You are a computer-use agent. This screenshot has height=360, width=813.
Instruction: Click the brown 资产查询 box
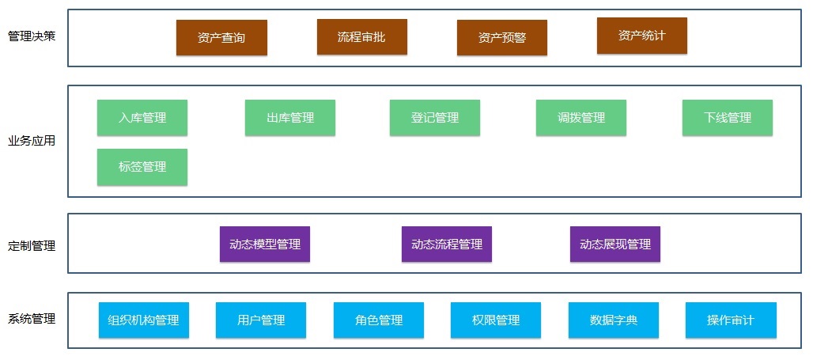[221, 37]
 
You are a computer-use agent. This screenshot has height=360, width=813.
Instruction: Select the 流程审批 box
[361, 36]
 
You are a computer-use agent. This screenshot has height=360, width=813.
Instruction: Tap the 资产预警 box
[502, 37]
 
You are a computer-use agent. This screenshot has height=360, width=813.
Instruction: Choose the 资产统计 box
[641, 36]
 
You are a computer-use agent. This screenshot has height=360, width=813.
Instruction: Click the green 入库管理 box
[142, 118]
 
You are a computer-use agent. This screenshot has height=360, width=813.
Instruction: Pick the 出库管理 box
[290, 118]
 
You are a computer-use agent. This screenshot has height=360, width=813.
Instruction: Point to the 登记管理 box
[435, 118]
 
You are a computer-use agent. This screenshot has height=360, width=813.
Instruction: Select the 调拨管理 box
[581, 118]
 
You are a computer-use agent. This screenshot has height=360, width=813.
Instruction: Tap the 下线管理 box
[728, 118]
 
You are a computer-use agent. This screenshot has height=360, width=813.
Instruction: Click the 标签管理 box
[142, 167]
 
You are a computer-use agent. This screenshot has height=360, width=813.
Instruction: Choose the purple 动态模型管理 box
[265, 244]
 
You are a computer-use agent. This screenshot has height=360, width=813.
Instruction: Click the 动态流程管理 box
[447, 244]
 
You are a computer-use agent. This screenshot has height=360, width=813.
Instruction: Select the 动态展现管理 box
[615, 244]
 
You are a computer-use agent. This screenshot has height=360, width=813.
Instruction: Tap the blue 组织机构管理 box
[144, 320]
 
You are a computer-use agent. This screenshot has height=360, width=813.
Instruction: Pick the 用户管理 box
[261, 320]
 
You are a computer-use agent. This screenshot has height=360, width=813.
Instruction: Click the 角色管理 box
[379, 320]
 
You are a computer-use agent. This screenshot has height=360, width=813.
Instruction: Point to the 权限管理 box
[496, 320]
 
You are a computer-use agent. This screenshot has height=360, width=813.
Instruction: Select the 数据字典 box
[614, 320]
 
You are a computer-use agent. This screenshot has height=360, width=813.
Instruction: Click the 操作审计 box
[731, 320]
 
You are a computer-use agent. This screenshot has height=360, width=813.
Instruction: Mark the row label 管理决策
[32, 37]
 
